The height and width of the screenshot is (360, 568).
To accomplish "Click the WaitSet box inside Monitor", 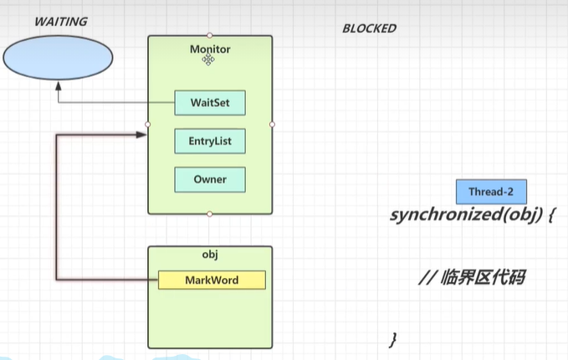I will [x=210, y=103].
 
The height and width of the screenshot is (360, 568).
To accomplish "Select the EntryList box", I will [x=210, y=141].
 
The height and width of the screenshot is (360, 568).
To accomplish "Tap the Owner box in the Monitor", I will [x=210, y=179].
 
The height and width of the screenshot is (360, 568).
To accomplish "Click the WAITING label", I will [x=60, y=22].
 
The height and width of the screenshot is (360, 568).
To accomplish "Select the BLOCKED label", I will [x=369, y=28].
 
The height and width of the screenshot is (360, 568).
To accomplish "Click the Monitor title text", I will [x=210, y=49].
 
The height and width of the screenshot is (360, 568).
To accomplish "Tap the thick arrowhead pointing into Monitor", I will [x=141, y=132].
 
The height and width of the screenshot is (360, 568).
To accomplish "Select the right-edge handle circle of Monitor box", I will [x=273, y=124].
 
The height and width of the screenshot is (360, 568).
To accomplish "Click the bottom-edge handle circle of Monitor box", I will [x=210, y=213].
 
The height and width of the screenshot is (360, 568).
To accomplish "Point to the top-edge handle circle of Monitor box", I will [x=210, y=35].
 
